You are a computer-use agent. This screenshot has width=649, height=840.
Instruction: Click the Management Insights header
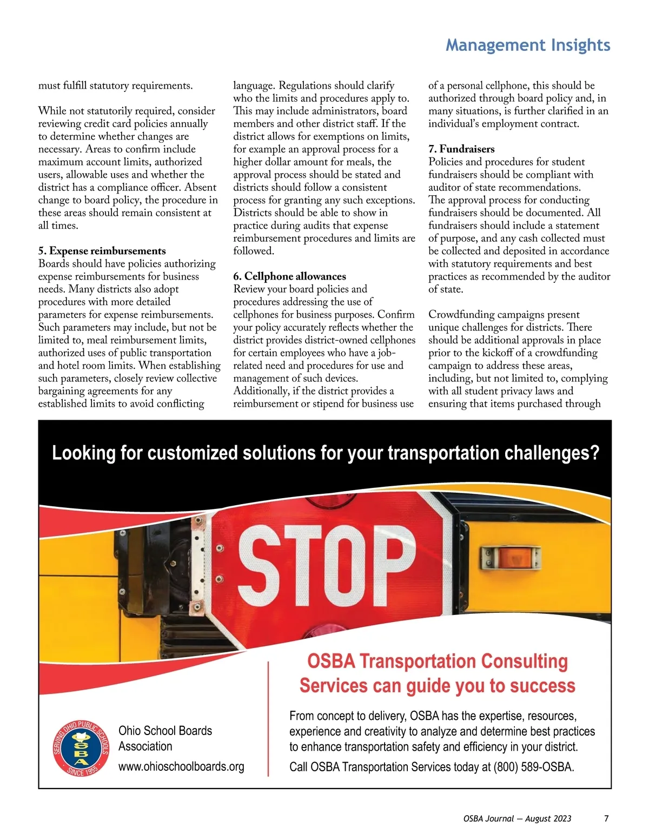point(527,45)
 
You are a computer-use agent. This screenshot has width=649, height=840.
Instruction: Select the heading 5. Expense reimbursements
point(102,251)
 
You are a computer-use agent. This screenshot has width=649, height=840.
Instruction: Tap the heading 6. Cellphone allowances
point(289,276)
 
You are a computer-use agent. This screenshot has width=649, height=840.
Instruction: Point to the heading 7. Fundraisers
point(461,149)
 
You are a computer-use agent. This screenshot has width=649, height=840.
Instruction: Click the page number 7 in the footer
point(606,818)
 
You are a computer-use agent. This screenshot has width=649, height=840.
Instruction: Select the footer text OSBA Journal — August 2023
point(517,818)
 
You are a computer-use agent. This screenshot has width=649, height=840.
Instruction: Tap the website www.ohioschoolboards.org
point(181,766)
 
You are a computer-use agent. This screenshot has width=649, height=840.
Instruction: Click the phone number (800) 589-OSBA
point(533,767)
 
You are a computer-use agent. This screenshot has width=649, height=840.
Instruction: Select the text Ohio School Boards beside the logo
point(165,731)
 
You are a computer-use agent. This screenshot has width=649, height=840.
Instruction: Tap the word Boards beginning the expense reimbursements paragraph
point(53,264)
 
